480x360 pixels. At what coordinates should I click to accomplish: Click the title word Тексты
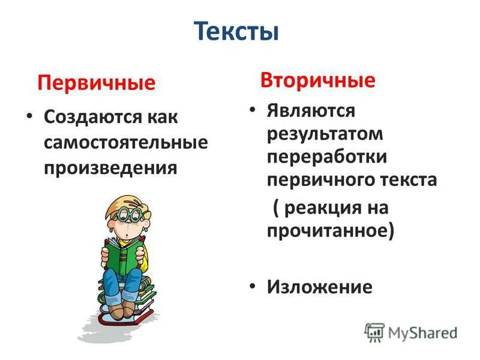point(238,31)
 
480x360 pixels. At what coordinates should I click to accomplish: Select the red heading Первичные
point(96,82)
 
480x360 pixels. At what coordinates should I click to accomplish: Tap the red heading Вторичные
point(317,80)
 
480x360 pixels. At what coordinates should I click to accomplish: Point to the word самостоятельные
point(125,142)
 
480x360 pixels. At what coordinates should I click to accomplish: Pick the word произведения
point(110,167)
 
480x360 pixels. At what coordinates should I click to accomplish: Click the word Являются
point(311,110)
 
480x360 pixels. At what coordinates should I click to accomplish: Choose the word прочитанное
point(329,231)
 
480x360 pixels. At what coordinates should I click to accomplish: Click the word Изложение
point(319,287)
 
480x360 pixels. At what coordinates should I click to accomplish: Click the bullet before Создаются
point(29,117)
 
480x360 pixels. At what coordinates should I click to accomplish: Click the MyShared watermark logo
point(411,332)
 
